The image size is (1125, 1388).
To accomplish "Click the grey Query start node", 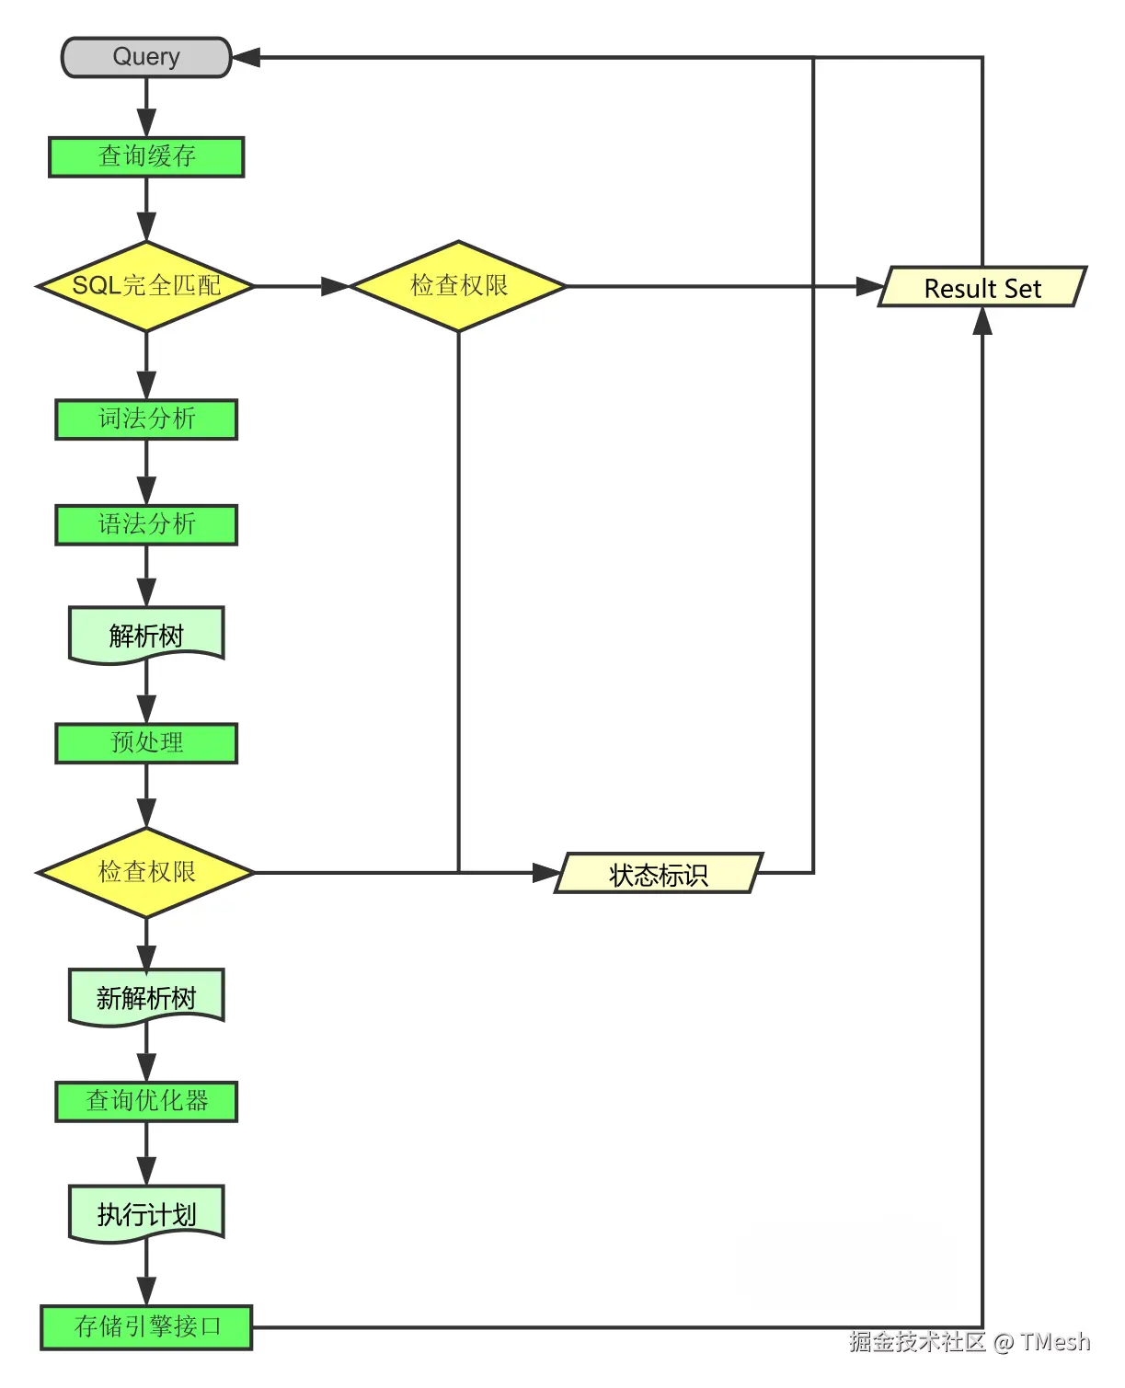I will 145,57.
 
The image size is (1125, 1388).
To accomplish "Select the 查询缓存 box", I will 146,156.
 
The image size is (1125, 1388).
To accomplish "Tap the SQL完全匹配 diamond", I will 145,286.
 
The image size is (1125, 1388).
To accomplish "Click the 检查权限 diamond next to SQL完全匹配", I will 458,286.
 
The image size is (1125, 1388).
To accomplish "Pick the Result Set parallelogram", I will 982,288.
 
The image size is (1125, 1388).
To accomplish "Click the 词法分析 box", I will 146,419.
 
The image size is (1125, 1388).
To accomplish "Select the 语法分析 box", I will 146,524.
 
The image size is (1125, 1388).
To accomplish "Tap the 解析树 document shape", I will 146,634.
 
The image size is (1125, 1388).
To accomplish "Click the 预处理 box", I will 146,743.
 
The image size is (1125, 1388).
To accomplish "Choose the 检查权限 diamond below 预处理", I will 145,872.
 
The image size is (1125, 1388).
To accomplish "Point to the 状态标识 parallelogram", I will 659,874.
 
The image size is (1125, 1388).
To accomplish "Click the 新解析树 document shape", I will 146,996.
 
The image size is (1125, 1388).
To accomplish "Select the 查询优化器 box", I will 146,1101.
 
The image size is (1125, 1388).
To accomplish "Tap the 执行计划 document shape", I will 146,1213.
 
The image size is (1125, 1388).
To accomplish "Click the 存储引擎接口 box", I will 146,1327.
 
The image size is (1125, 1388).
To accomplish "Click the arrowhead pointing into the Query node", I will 247,57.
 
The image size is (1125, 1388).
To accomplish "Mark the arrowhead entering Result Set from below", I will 982,321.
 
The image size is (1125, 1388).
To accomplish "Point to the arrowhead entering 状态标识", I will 546,873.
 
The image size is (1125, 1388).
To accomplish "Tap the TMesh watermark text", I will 1054,1342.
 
